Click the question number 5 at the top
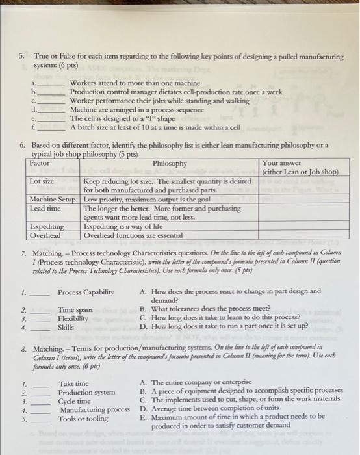click(21, 57)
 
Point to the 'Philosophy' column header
click(170, 163)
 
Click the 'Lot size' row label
click(42, 181)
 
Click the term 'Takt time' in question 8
click(73, 384)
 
